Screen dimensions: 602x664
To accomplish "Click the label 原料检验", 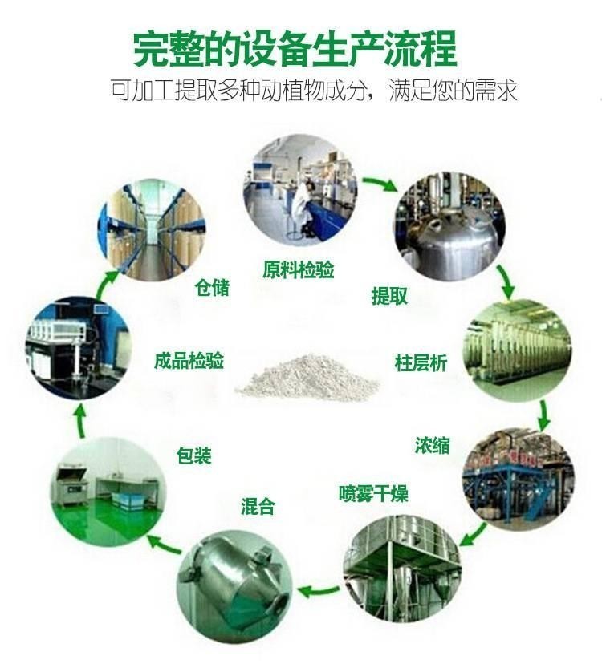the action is [x=298, y=269].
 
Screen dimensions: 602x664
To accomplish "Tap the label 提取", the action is [x=389, y=296].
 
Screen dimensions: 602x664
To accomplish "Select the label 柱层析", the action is [x=421, y=363].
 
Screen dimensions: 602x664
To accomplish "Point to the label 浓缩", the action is [x=433, y=446].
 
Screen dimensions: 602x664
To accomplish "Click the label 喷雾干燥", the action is [x=373, y=493].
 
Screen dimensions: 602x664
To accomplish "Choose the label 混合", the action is [x=258, y=506].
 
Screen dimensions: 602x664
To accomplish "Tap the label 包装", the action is [x=193, y=455].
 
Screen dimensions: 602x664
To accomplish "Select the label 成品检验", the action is [x=189, y=361].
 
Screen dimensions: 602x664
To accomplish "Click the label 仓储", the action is [x=212, y=288].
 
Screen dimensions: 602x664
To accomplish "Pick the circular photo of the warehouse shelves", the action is [x=152, y=229].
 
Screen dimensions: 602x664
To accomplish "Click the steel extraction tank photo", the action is [x=449, y=226].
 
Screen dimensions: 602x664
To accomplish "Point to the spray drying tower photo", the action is [x=402, y=569].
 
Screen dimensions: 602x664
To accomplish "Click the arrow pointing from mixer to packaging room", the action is [x=165, y=545].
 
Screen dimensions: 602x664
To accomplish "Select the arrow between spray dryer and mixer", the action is [x=319, y=590].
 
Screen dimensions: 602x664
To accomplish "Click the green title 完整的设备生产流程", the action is [x=295, y=49].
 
